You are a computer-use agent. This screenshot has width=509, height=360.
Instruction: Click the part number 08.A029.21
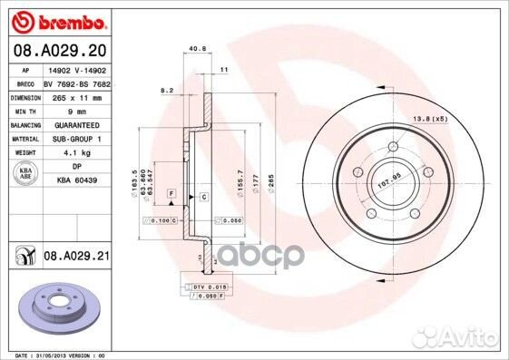[x=76, y=258]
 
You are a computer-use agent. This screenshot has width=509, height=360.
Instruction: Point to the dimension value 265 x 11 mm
[x=76, y=97]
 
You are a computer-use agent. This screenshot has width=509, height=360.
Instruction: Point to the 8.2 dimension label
[x=166, y=91]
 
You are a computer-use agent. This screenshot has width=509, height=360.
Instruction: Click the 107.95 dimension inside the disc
[x=389, y=179]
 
